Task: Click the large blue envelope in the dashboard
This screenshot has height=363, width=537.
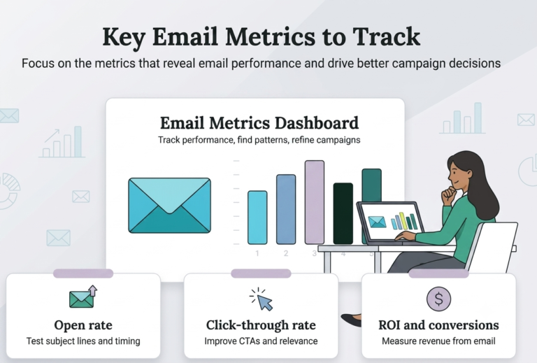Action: [169, 206]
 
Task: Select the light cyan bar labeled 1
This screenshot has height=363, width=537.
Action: [257, 218]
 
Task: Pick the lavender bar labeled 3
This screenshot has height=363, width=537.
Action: [315, 202]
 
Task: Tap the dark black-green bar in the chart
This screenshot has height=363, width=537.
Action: [343, 213]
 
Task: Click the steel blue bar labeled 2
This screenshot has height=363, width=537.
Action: [286, 209]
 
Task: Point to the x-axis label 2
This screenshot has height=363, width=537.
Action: [286, 253]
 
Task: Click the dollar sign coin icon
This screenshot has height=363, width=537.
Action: [438, 299]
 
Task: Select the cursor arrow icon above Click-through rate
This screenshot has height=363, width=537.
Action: [262, 299]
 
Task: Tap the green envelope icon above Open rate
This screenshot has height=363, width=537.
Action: [83, 297]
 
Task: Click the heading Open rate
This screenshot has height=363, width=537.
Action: [83, 325]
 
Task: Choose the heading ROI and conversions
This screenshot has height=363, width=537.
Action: [438, 325]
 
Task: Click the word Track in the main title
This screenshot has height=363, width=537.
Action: [386, 36]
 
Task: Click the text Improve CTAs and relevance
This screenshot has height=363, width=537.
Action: [261, 341]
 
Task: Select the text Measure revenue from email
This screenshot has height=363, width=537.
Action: [438, 341]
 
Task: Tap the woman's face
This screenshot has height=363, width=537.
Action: [457, 175]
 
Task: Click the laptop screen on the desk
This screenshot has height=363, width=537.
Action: [392, 222]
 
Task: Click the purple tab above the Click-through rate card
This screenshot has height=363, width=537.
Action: [261, 273]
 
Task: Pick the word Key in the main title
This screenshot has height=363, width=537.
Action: [124, 37]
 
